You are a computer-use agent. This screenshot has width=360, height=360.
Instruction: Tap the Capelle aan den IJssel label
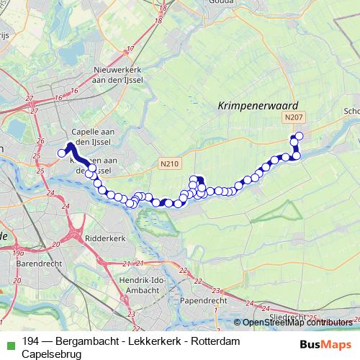coord(94,137)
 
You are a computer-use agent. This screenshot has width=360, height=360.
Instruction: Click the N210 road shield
coord(170,164)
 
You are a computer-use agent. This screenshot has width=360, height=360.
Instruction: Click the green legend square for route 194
coord(8,343)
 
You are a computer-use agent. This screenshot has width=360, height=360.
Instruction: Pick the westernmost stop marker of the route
coord(61,152)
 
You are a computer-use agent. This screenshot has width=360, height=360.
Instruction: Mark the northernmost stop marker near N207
coord(300,135)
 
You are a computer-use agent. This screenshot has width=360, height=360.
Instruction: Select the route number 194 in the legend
coord(31,343)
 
